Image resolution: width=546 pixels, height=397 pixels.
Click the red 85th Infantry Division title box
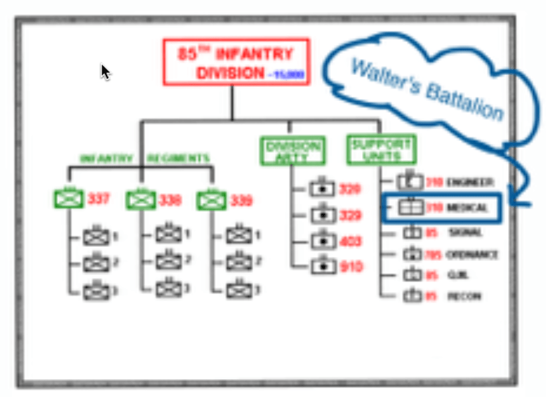[235, 62]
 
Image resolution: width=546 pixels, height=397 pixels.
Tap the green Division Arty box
[293, 151]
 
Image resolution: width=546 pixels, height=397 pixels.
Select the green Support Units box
[381, 150]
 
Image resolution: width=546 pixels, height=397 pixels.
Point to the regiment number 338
[170, 199]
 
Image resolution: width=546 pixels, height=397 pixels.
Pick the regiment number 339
[242, 199]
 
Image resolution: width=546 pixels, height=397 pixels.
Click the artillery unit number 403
[350, 242]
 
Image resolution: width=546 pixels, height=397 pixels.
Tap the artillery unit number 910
[350, 267]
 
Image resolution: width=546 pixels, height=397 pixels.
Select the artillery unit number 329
[350, 216]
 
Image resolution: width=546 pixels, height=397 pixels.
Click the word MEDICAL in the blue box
[467, 208]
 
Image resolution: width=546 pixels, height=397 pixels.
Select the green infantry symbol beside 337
[68, 198]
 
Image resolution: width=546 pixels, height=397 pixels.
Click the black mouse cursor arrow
[105, 71]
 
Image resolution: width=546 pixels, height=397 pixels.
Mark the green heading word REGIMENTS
[178, 159]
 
